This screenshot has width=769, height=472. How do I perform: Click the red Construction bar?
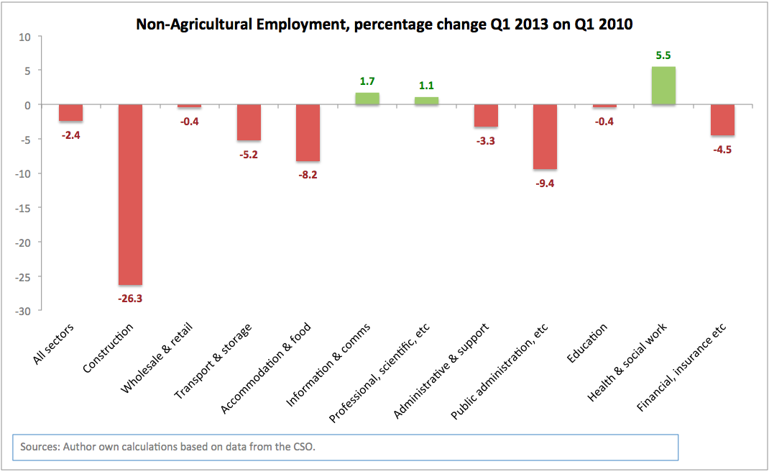click(130, 194)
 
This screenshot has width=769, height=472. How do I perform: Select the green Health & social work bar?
click(663, 86)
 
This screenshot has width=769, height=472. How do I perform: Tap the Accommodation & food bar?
click(308, 133)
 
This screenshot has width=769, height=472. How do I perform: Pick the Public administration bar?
click(545, 137)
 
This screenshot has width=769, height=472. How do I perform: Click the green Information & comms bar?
click(367, 99)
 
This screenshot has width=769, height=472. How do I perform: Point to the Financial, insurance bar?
click(722, 120)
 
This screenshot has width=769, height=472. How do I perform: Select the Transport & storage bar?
click(249, 122)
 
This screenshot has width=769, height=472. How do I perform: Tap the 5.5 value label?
click(663, 55)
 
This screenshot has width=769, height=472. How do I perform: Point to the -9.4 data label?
click(545, 183)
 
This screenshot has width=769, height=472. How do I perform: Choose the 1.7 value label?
click(367, 81)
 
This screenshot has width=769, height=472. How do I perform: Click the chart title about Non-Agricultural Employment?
click(384, 24)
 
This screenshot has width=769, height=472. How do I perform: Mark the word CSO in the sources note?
click(303, 447)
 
